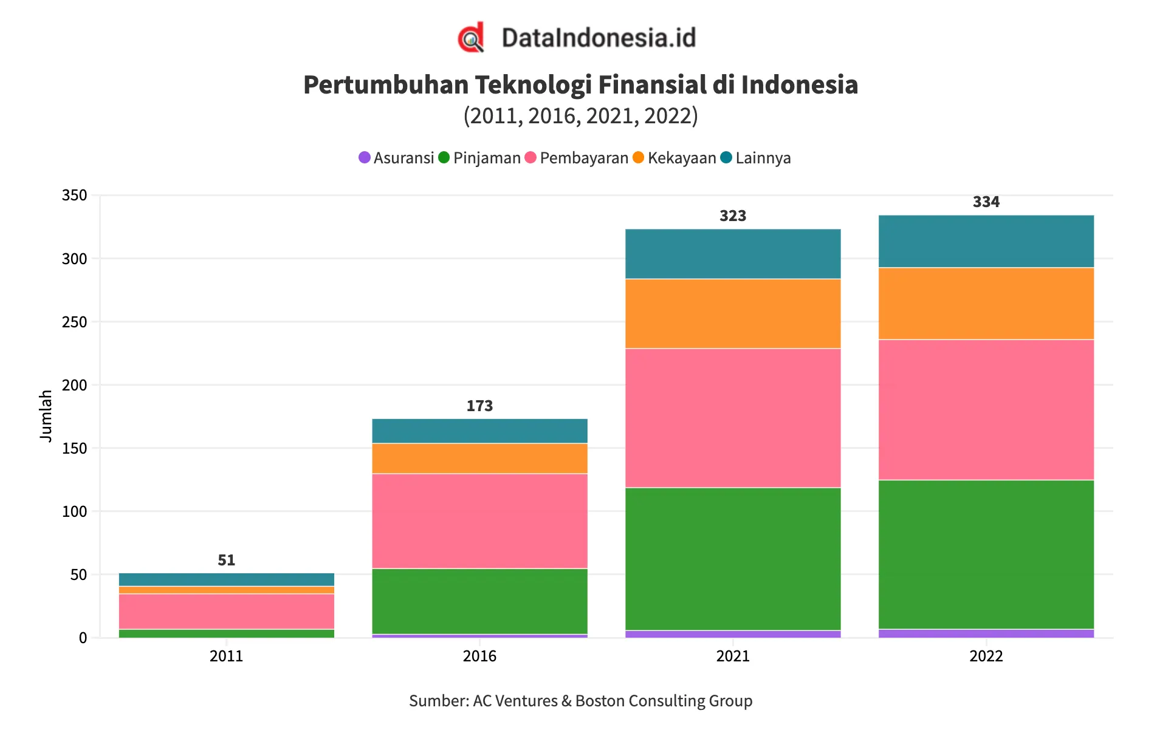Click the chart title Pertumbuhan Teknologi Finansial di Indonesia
pyautogui.click(x=580, y=85)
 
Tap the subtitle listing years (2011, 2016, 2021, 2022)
pyautogui.click(x=580, y=115)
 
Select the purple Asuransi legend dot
pyautogui.click(x=365, y=158)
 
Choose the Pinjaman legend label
pyautogui.click(x=487, y=158)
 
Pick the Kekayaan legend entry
pyautogui.click(x=681, y=158)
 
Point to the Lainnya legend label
pyautogui.click(x=763, y=158)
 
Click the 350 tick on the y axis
pyautogui.click(x=75, y=196)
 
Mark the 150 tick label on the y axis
pyautogui.click(x=75, y=448)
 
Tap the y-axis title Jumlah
pyautogui.click(x=46, y=416)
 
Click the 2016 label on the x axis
pyautogui.click(x=479, y=656)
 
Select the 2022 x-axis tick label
pyautogui.click(x=986, y=656)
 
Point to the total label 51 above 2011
pyautogui.click(x=226, y=560)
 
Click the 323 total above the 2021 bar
pyautogui.click(x=732, y=216)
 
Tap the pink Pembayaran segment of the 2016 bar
pyautogui.click(x=479, y=520)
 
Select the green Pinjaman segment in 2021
pyautogui.click(x=732, y=559)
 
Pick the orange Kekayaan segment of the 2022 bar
pyautogui.click(x=986, y=303)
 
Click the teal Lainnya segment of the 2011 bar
pyautogui.click(x=226, y=579)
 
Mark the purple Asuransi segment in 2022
pyautogui.click(x=986, y=633)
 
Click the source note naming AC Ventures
pyautogui.click(x=580, y=701)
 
